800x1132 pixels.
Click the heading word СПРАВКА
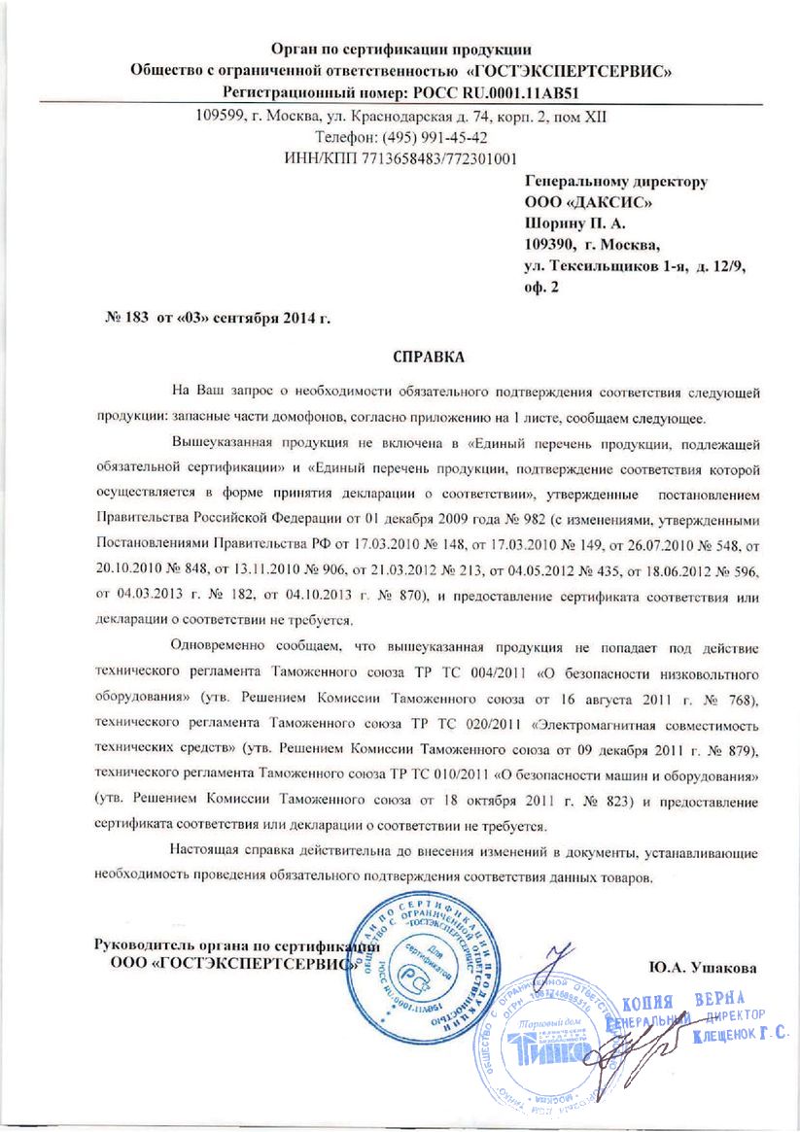click(x=429, y=357)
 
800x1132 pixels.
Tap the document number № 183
click(x=124, y=319)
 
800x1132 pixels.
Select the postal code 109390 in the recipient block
click(x=552, y=244)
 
